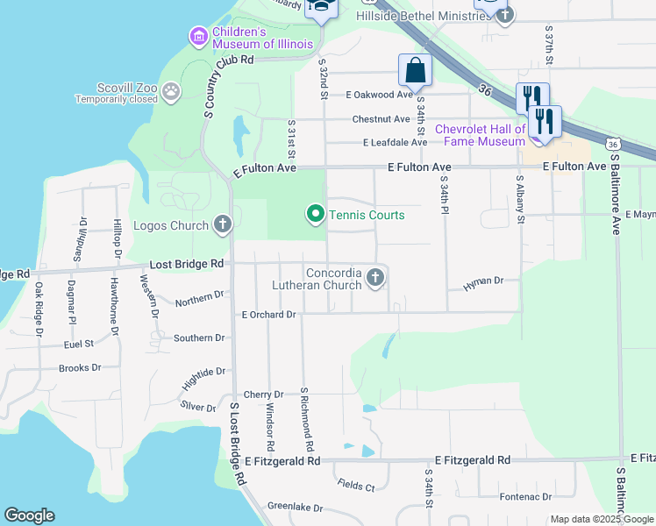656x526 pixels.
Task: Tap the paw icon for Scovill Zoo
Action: (171, 89)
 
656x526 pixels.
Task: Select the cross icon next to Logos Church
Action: (223, 225)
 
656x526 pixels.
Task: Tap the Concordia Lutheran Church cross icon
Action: (375, 279)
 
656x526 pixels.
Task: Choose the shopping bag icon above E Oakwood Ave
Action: (415, 71)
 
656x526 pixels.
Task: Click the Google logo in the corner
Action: (29, 515)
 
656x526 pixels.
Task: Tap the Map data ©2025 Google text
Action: (601, 519)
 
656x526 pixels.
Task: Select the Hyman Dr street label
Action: (482, 281)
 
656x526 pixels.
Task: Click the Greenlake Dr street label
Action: (295, 508)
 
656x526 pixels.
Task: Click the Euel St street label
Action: (79, 345)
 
